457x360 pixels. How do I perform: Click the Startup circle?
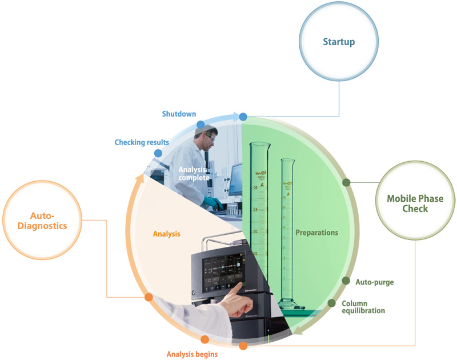pyautogui.click(x=339, y=42)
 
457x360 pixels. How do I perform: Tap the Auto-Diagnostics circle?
pyautogui.click(x=40, y=220)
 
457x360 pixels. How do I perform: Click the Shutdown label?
pyautogui.click(x=179, y=114)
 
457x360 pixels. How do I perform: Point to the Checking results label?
pyautogui.click(x=142, y=142)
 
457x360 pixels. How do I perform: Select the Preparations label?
pyautogui.click(x=317, y=233)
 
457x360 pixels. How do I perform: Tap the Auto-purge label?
pyautogui.click(x=375, y=282)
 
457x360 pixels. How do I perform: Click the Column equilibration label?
pyautogui.click(x=363, y=307)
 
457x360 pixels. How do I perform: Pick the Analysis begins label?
pyautogui.click(x=192, y=354)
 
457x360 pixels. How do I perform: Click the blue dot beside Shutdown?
pyautogui.click(x=201, y=124)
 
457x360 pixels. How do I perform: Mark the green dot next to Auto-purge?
pyautogui.click(x=346, y=281)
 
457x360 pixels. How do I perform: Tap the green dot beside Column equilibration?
pyautogui.click(x=331, y=303)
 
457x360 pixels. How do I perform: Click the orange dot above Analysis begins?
pyautogui.click(x=205, y=340)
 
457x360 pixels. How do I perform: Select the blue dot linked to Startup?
pyautogui.click(x=243, y=117)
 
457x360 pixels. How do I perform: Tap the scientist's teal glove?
pyautogui.click(x=213, y=203)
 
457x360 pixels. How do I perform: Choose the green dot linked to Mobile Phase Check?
pyautogui.click(x=346, y=183)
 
